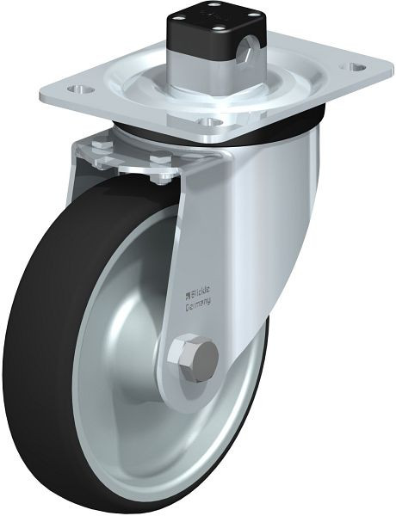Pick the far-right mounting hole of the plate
[x=354, y=66]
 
